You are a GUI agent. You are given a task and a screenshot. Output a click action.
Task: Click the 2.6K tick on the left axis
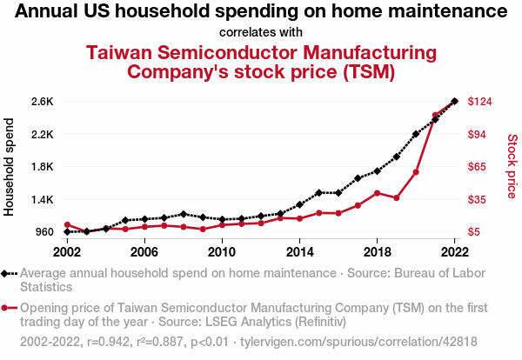click(x=42, y=102)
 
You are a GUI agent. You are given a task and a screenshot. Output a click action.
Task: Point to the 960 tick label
click(x=43, y=232)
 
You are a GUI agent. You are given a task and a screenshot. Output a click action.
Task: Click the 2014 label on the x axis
click(x=299, y=252)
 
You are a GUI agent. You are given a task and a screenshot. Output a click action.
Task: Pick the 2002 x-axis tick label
click(x=67, y=252)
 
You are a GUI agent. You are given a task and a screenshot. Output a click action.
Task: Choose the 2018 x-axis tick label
click(x=377, y=252)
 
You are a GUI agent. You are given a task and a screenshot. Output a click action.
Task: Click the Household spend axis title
click(x=10, y=167)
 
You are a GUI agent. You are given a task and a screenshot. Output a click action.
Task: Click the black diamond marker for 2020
click(x=416, y=134)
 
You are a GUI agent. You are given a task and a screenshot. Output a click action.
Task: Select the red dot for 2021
click(x=435, y=115)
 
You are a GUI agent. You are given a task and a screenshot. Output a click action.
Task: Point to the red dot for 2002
click(x=67, y=225)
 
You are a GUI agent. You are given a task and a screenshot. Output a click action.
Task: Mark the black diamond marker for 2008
click(x=184, y=214)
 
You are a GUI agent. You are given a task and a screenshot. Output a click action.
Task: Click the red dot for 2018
click(x=377, y=193)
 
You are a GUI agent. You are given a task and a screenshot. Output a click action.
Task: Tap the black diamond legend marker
click(x=6, y=273)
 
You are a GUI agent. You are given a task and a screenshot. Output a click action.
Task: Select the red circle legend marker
click(x=6, y=308)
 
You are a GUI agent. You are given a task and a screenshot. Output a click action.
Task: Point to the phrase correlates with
click(x=261, y=32)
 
